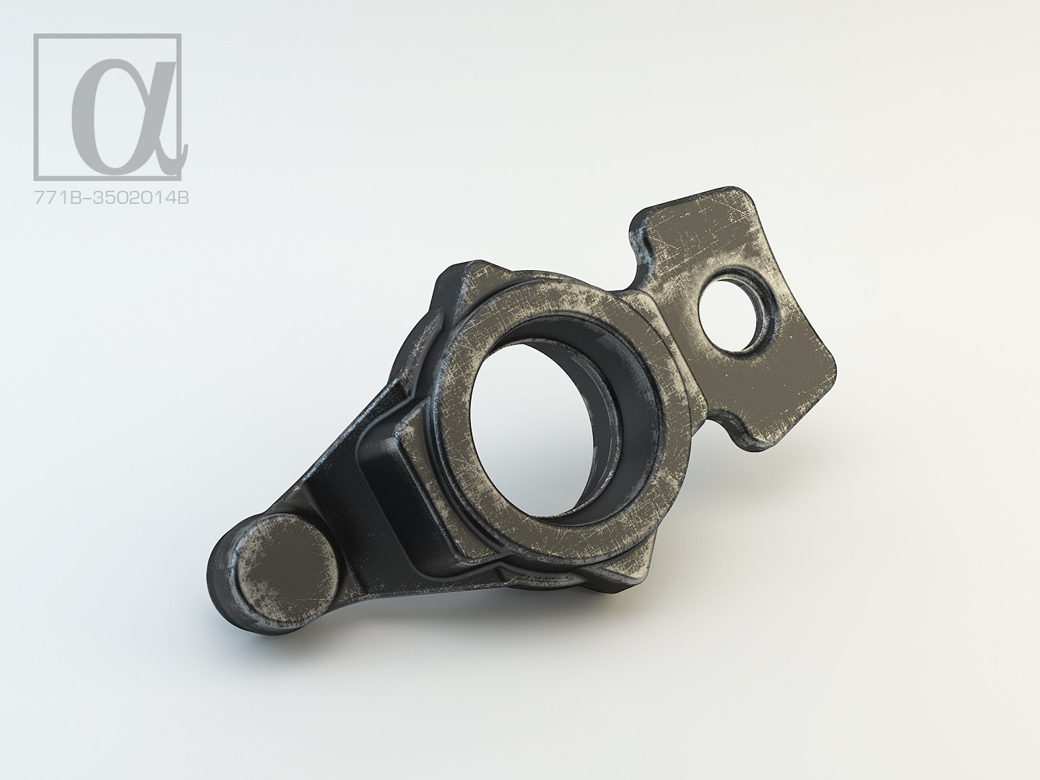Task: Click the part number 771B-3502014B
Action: pos(112,196)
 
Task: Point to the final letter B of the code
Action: pos(183,196)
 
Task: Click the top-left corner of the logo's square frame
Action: pos(36,35)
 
